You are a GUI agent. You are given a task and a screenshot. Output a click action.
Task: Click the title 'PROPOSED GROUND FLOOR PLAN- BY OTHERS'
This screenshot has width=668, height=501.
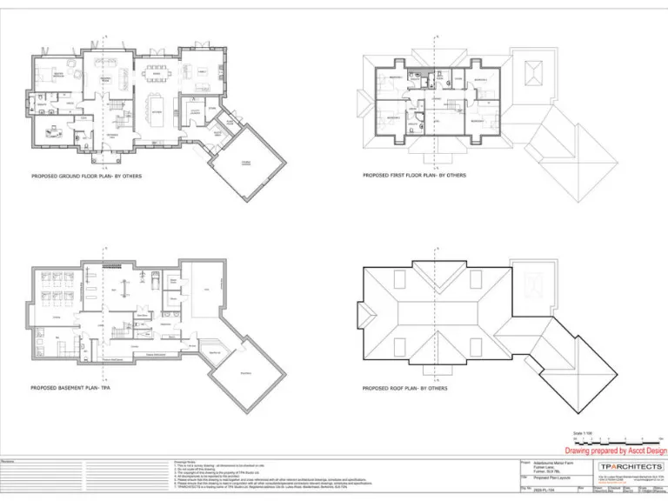point(86,176)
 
